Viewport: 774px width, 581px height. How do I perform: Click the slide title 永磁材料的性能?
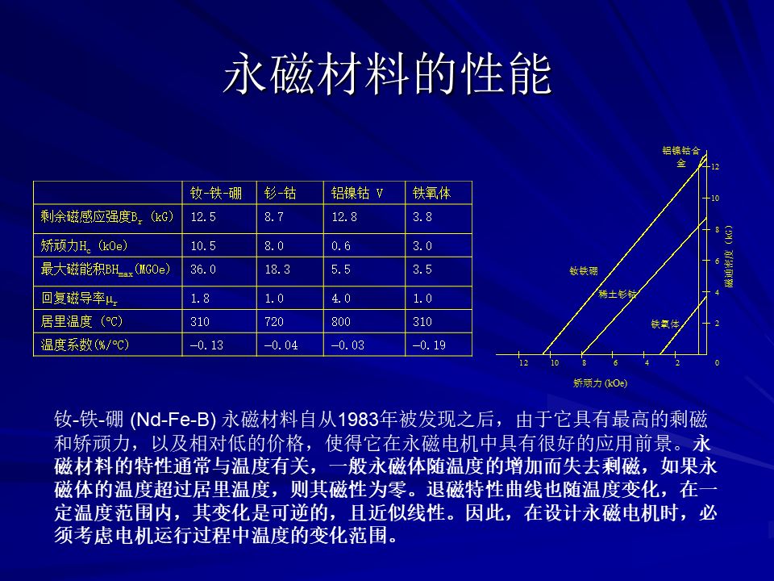point(388,74)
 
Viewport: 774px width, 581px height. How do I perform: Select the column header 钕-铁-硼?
point(216,193)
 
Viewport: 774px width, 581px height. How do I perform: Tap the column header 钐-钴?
point(280,193)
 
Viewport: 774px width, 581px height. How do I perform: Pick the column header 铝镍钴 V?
point(357,193)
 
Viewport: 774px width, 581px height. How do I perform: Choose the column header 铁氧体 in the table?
point(431,193)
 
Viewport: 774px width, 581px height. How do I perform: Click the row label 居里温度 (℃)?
point(81,322)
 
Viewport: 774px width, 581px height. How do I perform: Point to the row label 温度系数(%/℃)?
point(85,345)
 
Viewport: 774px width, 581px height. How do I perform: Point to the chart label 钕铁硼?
point(584,271)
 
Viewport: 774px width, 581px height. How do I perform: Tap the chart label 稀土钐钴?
point(618,294)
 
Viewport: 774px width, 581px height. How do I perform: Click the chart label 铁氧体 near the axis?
point(665,324)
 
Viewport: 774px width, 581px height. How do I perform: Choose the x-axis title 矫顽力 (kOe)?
point(600,382)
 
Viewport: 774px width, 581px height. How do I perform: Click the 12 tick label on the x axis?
point(523,363)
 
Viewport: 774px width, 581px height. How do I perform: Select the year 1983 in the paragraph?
point(358,420)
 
